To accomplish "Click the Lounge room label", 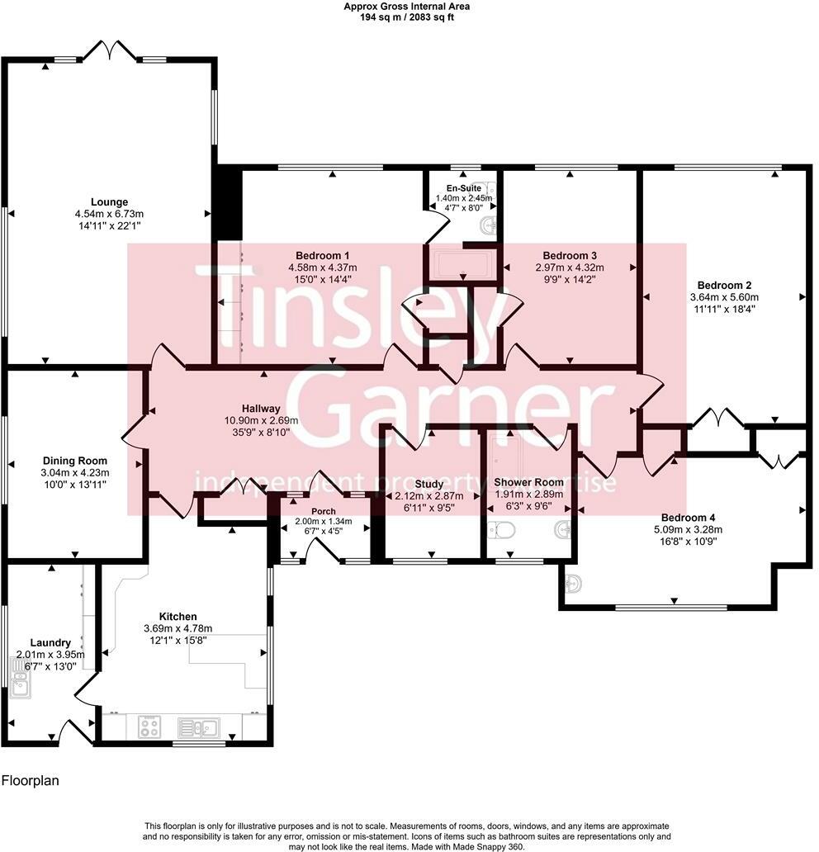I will pos(109,202).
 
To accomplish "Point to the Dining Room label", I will pos(75,461).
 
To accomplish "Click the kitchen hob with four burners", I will pos(149,727).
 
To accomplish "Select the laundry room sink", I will pos(20,684).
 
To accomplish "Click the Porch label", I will pos(324,511).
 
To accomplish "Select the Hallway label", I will pos(261,409).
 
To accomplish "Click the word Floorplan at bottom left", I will pos(31,779).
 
